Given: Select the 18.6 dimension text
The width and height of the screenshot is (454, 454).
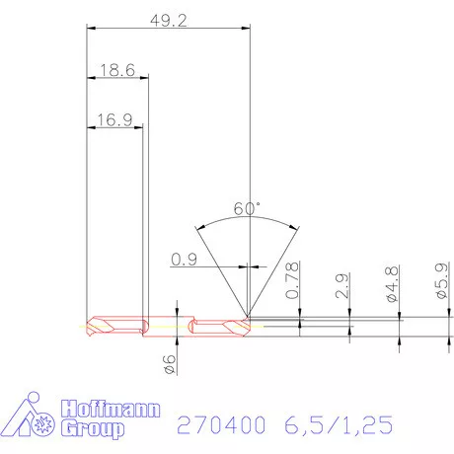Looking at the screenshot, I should (x=116, y=70).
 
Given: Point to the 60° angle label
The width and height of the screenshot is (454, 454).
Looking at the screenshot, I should (x=247, y=208).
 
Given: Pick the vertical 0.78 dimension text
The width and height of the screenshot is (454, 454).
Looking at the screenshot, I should (x=292, y=281).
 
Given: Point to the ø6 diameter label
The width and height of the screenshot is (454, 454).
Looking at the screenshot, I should (x=168, y=362).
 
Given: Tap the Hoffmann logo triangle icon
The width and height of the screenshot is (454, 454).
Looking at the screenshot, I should (x=30, y=418).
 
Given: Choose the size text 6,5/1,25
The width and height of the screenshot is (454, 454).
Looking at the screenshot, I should (x=338, y=425).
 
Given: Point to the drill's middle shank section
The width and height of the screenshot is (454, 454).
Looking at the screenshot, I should (x=168, y=325).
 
